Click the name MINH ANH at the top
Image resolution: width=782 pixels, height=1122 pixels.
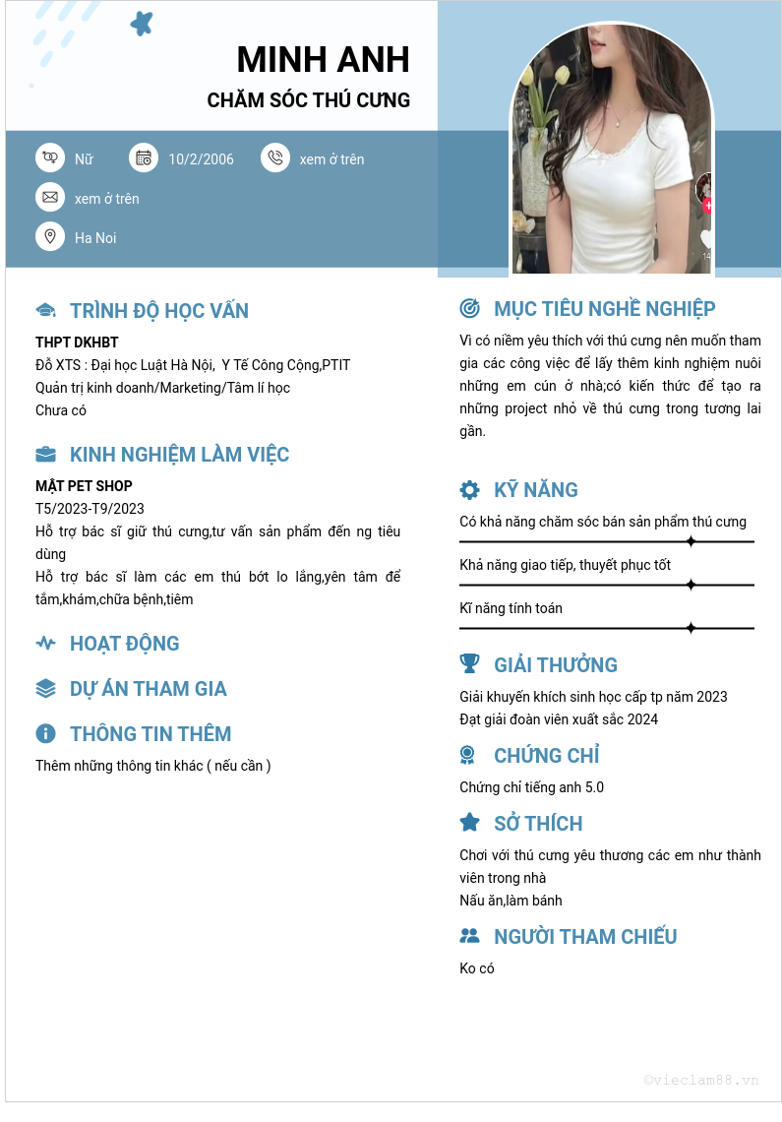click(x=323, y=60)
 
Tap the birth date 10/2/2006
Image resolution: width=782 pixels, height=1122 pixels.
click(x=201, y=159)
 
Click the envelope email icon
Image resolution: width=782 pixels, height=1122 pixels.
click(x=50, y=197)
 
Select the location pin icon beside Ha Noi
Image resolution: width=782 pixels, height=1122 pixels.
click(x=50, y=236)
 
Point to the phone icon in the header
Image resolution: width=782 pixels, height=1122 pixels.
click(x=275, y=157)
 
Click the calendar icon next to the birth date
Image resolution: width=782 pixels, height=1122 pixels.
click(x=144, y=157)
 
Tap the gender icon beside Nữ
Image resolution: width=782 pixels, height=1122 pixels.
click(x=50, y=157)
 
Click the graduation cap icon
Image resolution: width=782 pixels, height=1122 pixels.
click(x=45, y=311)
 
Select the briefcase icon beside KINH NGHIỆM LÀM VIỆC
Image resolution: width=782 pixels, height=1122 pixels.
click(x=45, y=455)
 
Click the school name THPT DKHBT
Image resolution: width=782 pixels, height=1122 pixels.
click(x=77, y=343)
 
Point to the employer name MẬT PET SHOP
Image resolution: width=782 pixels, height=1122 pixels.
click(x=84, y=486)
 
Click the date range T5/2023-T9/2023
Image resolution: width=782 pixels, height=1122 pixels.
click(x=90, y=509)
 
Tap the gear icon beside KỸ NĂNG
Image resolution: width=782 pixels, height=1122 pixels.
click(x=470, y=490)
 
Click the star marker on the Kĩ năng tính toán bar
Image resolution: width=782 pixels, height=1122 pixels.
click(x=691, y=628)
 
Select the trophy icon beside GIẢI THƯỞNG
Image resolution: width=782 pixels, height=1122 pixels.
click(x=470, y=664)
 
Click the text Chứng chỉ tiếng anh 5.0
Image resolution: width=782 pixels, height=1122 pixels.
click(x=531, y=787)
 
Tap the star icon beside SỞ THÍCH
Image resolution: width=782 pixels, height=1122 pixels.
click(x=470, y=823)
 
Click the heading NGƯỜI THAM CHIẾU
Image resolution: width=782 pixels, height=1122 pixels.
click(x=585, y=937)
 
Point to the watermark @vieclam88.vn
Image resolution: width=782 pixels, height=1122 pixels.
click(x=701, y=1080)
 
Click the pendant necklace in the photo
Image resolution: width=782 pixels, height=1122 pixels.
click(x=617, y=122)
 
